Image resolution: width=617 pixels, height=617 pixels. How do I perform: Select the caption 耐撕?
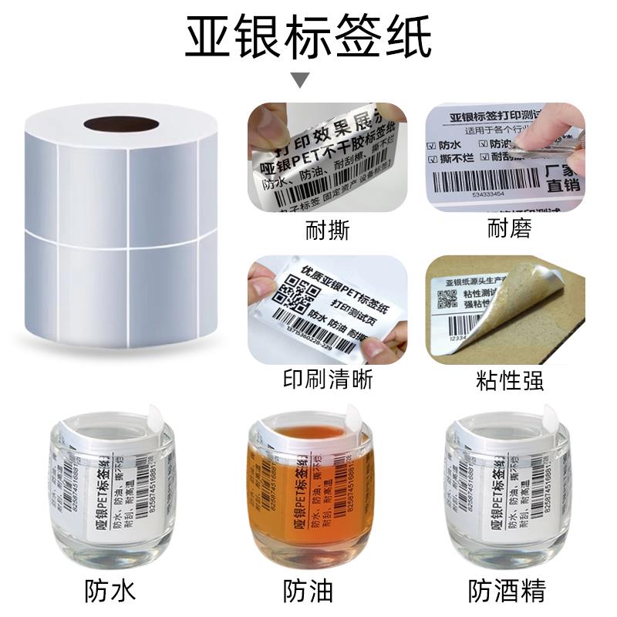click(x=328, y=229)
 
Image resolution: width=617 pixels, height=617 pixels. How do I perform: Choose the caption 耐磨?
click(x=509, y=229)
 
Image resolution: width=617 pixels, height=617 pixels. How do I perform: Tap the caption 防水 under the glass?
click(x=110, y=592)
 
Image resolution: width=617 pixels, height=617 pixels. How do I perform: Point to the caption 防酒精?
click(x=507, y=592)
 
